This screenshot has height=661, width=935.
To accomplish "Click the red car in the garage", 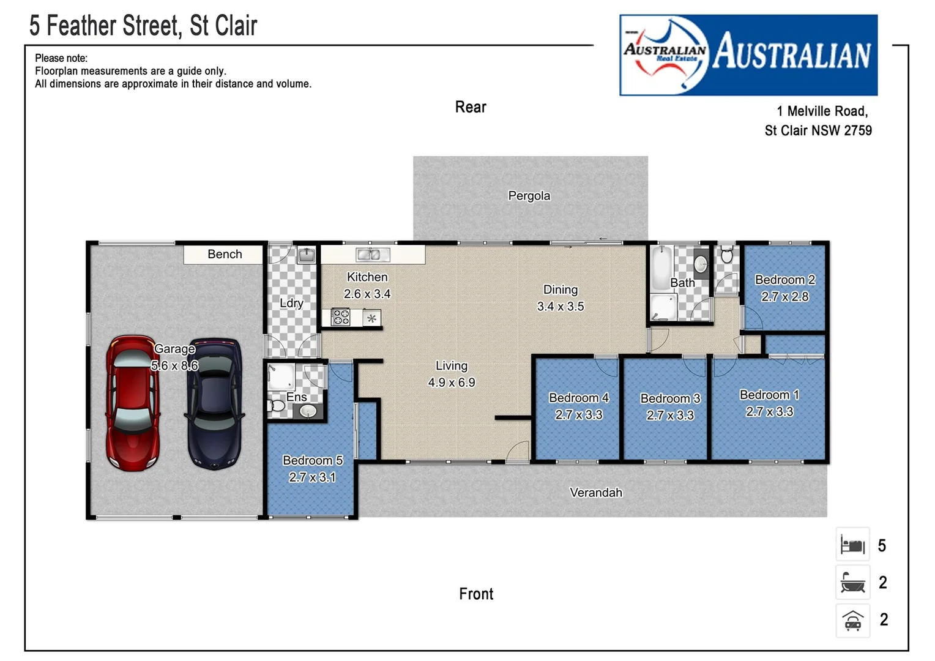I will coord(133,403).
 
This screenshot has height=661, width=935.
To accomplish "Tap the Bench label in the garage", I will coord(225,254).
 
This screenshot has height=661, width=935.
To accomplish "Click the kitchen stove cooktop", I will coord(341,317).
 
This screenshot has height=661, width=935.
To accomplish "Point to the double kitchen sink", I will coord(368,254).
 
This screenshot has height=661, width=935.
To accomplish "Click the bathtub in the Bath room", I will coord(660,267).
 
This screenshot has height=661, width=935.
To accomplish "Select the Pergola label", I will coord(529,196).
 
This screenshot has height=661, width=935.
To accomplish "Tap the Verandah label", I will coord(595,493).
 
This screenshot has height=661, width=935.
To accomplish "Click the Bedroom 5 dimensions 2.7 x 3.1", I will coord(312,477).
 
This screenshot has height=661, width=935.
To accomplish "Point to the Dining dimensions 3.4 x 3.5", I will coord(560,306).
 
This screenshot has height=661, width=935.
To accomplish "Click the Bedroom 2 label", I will coord(784,280).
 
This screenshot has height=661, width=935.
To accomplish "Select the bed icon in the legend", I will coord(852,545).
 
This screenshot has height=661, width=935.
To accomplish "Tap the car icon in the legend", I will coord(852,621).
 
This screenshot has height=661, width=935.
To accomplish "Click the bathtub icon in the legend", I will coord(852,583).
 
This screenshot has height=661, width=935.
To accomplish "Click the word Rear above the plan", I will coord(470,107).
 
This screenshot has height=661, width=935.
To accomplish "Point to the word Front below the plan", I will coord(475,594).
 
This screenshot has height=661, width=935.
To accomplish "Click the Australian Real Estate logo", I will coord(748,55).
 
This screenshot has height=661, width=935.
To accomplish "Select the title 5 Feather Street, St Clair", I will coord(143,26).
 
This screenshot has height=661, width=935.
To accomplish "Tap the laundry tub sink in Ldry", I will coord(306,255).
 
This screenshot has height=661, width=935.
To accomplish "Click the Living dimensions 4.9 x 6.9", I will coord(451,383).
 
